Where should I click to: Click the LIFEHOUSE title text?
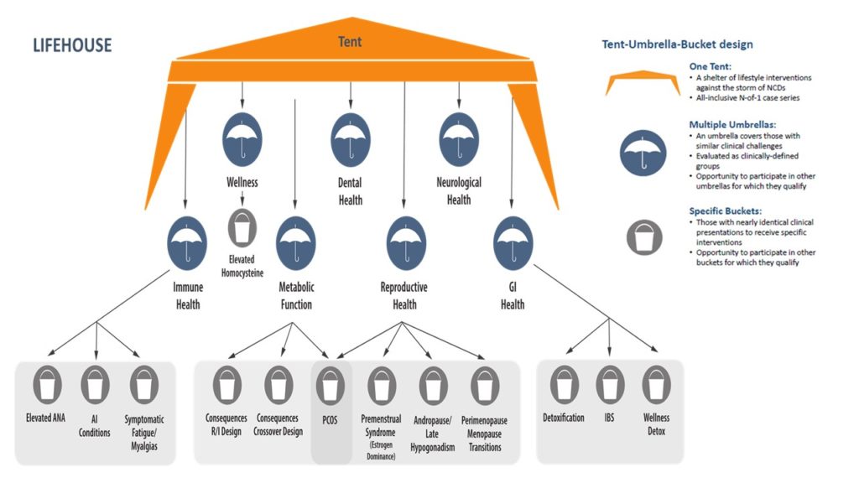click(x=71, y=44)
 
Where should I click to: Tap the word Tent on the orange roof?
click(x=350, y=41)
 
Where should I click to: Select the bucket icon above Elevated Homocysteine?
click(x=243, y=227)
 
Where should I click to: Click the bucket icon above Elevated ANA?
click(x=47, y=385)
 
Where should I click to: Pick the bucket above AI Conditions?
click(x=95, y=385)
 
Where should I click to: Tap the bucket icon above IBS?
click(x=610, y=385)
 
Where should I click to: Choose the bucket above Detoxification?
click(x=563, y=385)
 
